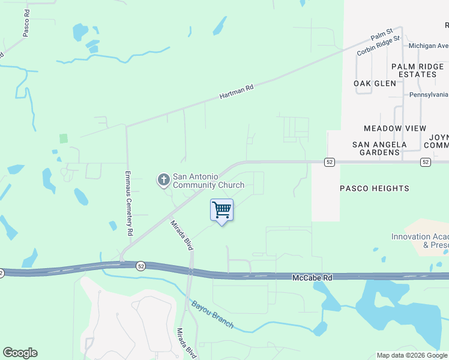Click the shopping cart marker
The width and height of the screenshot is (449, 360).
point(222,211)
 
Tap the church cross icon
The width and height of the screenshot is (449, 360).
point(163,179)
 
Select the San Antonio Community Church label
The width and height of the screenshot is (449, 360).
point(208,181)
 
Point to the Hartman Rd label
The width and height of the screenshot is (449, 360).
point(237,91)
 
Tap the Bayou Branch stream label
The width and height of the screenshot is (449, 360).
point(212,314)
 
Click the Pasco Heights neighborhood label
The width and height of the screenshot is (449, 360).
point(375,188)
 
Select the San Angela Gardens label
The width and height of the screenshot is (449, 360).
point(379,148)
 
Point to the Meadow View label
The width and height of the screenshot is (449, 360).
point(395,128)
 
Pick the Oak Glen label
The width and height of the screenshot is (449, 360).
point(375,83)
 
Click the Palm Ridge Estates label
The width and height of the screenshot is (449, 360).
point(416,70)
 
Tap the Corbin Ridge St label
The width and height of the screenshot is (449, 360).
point(378,46)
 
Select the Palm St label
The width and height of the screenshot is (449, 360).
point(381,34)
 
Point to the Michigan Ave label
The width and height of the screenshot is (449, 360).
point(428,46)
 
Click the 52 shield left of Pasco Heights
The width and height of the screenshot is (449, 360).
point(329,162)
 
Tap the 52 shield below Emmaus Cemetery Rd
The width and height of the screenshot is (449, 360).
point(140,265)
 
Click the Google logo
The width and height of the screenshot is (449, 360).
point(20,353)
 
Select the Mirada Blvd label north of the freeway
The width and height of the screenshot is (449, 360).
point(181,235)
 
